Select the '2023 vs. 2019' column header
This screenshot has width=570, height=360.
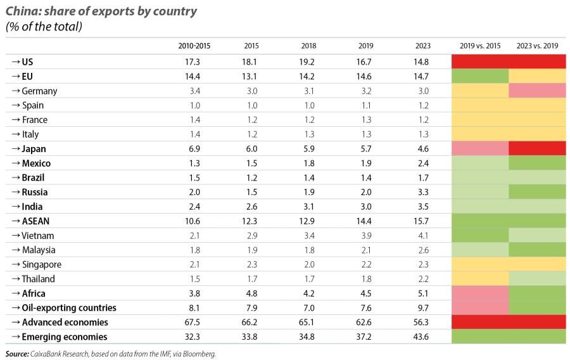coord(537,46)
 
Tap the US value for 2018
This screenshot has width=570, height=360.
coord(307,62)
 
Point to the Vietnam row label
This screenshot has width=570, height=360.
coord(39,236)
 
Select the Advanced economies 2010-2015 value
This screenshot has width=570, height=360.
coord(192,323)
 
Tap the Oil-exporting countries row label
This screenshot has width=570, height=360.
coord(68,308)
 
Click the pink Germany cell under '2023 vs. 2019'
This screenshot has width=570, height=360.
coord(537,91)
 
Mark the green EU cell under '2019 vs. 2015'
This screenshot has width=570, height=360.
coord(480,77)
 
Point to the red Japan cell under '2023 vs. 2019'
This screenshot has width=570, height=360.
coord(537,149)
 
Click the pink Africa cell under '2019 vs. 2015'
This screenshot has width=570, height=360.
coord(480,293)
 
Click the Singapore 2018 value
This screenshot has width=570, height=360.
coord(307,264)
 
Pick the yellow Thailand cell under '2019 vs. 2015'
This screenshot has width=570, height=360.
coord(480,279)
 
